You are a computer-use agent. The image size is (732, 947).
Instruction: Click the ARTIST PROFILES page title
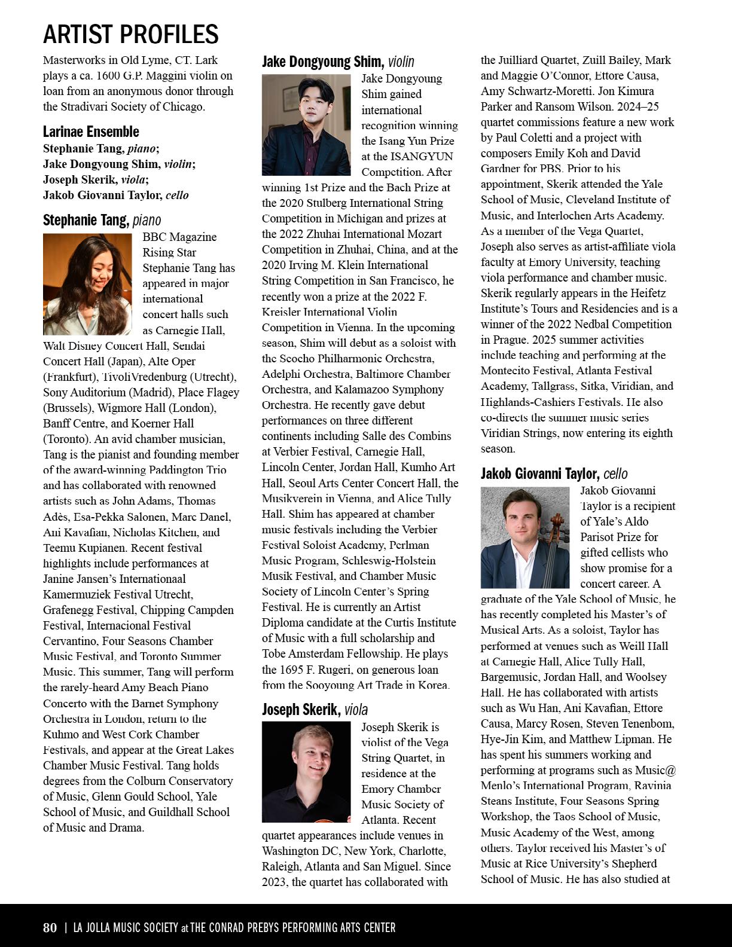(x=130, y=34)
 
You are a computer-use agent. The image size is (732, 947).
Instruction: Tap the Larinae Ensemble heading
(x=91, y=132)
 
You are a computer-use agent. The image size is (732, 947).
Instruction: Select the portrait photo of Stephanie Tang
(x=87, y=284)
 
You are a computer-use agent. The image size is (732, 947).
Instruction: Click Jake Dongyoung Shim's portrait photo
(x=306, y=125)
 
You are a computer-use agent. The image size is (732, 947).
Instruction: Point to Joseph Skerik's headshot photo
(x=306, y=771)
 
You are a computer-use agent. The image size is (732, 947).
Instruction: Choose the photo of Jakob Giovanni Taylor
(x=525, y=537)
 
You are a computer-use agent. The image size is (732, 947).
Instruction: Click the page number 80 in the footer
(x=50, y=927)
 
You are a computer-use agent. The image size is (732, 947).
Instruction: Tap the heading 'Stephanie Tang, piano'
(x=102, y=221)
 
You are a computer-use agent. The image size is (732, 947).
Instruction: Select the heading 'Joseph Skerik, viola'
(x=315, y=710)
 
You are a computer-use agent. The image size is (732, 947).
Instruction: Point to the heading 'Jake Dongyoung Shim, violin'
(x=338, y=62)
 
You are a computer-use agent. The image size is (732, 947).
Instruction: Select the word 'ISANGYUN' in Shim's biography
(x=422, y=157)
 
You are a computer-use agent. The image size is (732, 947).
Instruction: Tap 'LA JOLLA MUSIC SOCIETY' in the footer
(x=126, y=927)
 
